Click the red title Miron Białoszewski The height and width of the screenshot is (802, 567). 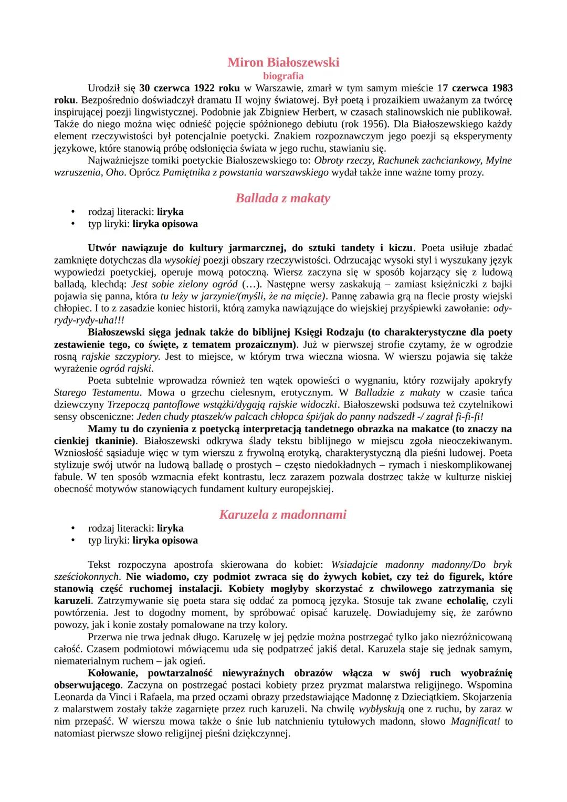coord(283,63)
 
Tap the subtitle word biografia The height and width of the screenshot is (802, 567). coord(283,76)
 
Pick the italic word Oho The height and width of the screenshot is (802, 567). coord(115,172)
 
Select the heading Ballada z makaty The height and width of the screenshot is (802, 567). coord(283,198)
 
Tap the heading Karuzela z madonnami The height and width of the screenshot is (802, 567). coord(283,515)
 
